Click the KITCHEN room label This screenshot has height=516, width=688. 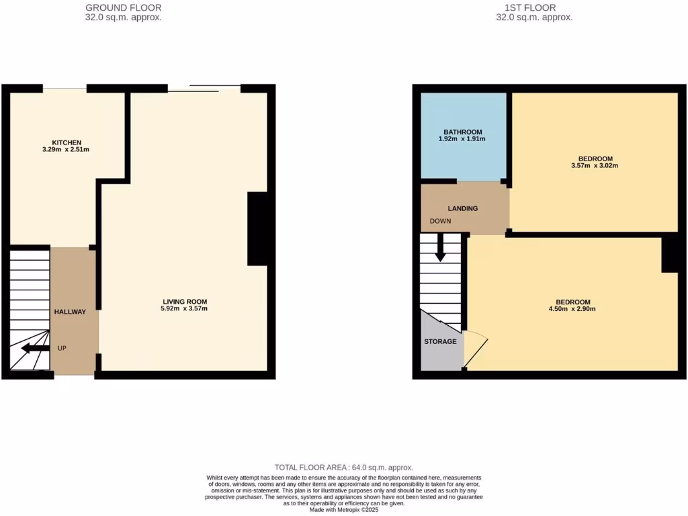click(x=67, y=142)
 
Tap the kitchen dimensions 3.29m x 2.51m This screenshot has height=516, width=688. click(x=67, y=149)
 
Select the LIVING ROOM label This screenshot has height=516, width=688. click(x=184, y=301)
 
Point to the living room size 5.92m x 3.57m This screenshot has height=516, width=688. click(x=184, y=308)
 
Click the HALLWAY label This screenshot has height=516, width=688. click(x=70, y=312)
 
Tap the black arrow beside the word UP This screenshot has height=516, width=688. click(x=34, y=348)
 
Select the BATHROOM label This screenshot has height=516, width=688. click(x=463, y=132)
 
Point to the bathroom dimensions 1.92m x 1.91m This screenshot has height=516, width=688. click(x=463, y=139)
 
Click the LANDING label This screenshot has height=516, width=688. click(x=463, y=208)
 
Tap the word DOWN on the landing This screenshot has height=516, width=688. click(x=441, y=222)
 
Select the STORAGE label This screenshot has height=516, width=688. click(x=440, y=341)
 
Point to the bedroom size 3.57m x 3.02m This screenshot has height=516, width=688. click(x=594, y=165)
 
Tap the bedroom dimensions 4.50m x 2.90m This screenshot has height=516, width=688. click(x=572, y=309)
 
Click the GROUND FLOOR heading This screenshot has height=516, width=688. click(x=124, y=8)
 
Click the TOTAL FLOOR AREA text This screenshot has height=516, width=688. click(x=343, y=467)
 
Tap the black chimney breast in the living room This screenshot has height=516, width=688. click(x=258, y=228)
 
